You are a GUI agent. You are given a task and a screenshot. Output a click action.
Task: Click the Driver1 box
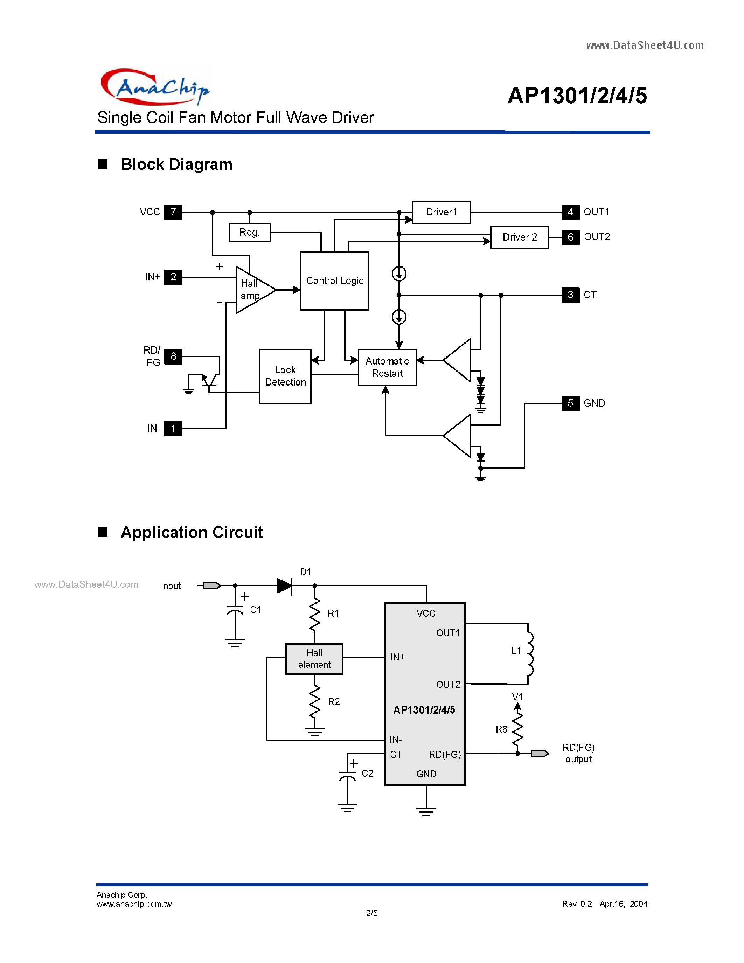click(441, 212)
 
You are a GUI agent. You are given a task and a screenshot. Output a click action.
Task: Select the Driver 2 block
click(519, 237)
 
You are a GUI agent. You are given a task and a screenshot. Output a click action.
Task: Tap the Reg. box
click(250, 233)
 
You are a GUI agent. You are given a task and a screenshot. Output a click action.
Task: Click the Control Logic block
click(334, 281)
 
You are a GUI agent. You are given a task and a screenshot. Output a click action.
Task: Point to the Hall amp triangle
click(252, 290)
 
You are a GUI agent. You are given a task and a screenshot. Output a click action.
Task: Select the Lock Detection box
click(285, 376)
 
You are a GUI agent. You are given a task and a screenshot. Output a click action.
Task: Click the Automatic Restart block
click(387, 367)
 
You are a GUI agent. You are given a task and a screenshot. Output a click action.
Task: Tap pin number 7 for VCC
click(173, 212)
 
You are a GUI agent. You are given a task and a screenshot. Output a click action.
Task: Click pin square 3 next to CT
click(570, 295)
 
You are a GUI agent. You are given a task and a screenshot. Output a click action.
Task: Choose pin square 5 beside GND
click(570, 403)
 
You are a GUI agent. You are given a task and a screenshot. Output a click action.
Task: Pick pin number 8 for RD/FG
click(173, 356)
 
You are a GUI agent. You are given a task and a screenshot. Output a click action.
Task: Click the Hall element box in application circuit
click(314, 659)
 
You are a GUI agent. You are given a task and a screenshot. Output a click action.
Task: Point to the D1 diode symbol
click(285, 586)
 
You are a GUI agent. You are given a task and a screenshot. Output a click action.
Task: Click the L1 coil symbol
click(529, 653)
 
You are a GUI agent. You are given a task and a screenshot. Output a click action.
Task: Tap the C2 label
click(367, 774)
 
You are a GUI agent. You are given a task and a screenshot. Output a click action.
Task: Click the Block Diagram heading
click(176, 165)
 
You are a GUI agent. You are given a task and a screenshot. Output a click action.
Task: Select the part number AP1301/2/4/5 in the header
click(577, 96)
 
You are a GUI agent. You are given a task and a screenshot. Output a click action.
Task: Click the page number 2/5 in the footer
click(371, 913)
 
